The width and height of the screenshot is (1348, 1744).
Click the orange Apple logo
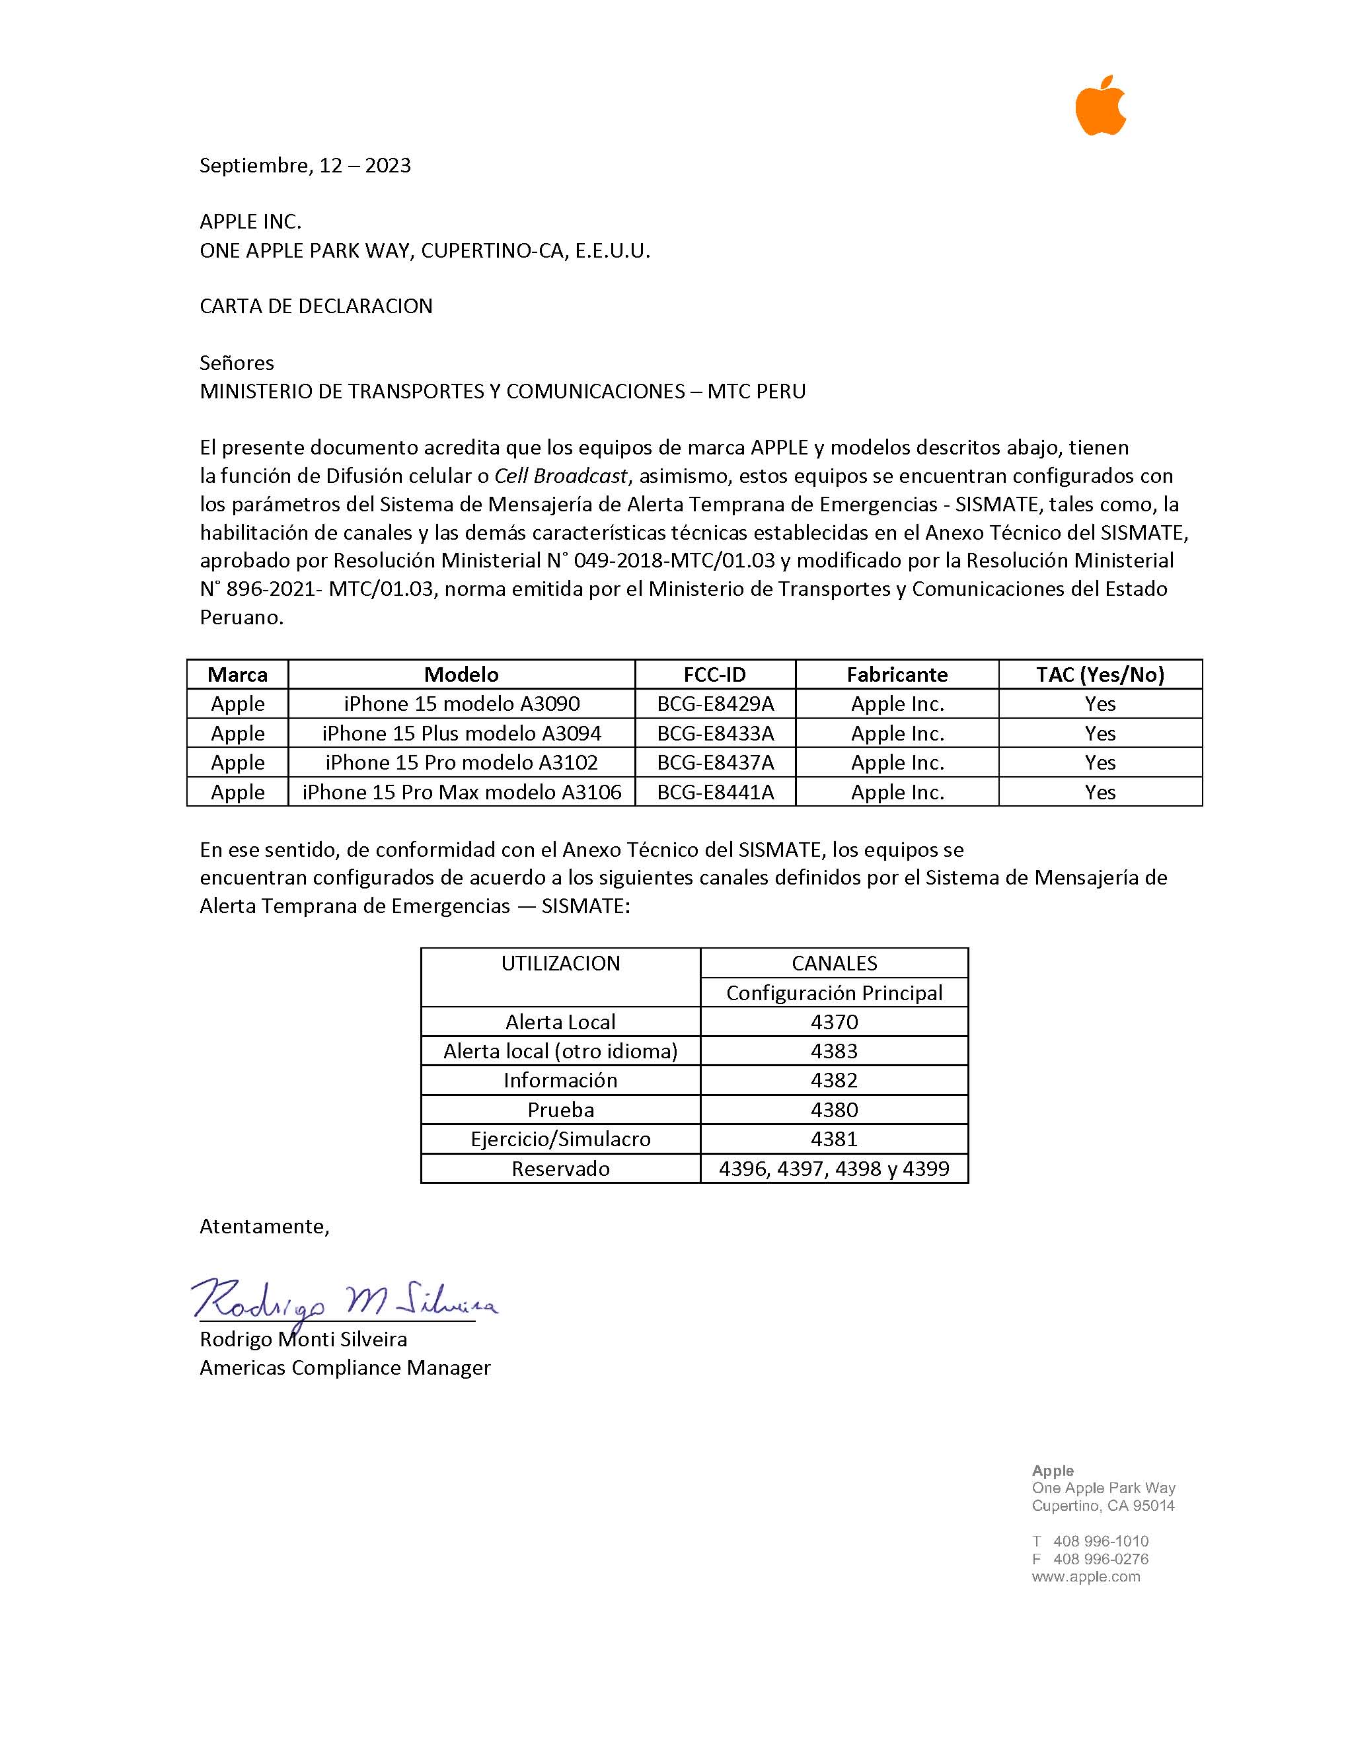tap(1100, 106)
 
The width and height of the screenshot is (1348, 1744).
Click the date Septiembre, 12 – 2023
tap(305, 165)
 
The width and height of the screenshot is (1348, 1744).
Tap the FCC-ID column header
tap(715, 674)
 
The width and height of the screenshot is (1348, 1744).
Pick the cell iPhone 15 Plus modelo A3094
tap(462, 733)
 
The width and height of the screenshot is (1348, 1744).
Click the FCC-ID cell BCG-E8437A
tap(715, 762)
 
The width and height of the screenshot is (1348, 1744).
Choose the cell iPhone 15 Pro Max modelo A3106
tap(462, 792)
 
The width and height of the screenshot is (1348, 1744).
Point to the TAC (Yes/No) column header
tap(1100, 674)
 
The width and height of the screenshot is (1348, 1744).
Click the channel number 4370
tap(834, 1022)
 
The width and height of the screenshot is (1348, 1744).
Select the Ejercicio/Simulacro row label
tap(560, 1139)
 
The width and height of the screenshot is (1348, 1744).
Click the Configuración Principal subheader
tap(834, 993)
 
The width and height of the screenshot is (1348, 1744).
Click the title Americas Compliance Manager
tap(345, 1368)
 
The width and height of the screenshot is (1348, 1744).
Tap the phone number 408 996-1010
tap(1100, 1541)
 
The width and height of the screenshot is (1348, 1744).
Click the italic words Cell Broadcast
tap(560, 476)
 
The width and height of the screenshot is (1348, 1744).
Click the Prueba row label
tap(560, 1110)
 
